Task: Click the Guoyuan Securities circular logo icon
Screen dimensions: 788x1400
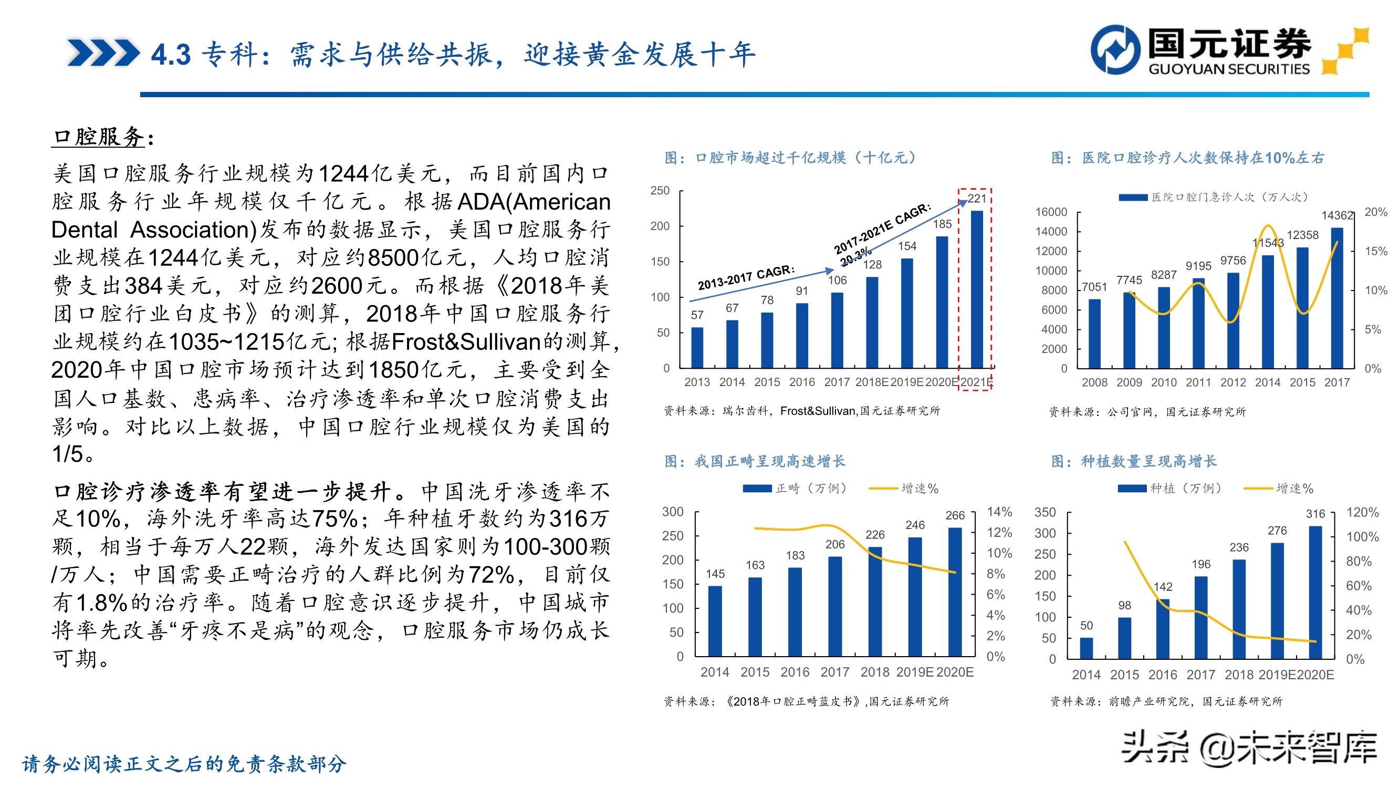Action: [1115, 49]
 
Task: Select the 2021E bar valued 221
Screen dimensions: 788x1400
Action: [976, 289]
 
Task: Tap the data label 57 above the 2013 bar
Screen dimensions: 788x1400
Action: [697, 315]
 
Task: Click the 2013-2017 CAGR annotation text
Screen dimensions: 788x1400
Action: [746, 278]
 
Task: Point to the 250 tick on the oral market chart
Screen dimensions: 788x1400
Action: [660, 191]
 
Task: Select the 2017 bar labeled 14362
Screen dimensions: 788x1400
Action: [1336, 298]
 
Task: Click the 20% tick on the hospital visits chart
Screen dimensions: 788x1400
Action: [1375, 212]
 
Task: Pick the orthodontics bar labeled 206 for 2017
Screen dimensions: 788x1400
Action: [835, 606]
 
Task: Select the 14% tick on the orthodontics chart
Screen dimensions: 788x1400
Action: [999, 512]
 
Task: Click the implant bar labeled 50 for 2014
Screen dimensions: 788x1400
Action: [1086, 648]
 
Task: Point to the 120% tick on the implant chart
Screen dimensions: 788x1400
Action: [1362, 512]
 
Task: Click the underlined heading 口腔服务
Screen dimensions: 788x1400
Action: [99, 137]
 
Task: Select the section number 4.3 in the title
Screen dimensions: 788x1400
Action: [171, 55]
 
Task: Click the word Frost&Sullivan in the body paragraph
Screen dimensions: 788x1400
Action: [466, 342]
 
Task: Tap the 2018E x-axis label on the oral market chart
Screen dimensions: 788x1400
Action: [871, 382]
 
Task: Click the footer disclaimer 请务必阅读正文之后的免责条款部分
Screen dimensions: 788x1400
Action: [184, 764]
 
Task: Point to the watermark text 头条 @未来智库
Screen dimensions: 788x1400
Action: [1249, 749]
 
